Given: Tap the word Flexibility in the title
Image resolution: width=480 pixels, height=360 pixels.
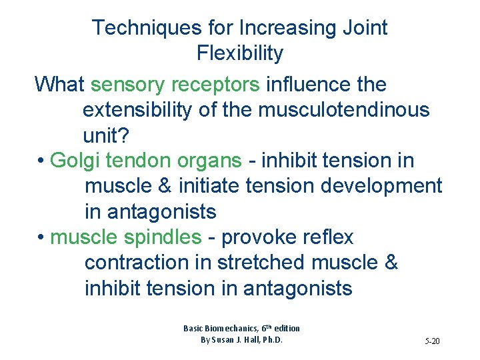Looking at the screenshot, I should pyautogui.click(x=240, y=53).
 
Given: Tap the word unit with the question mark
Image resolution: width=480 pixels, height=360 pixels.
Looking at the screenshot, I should pyautogui.click(x=107, y=135).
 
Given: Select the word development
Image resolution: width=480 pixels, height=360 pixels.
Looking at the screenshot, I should pyautogui.click(x=381, y=186).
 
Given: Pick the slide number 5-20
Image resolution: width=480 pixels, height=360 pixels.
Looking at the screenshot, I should pyautogui.click(x=432, y=341).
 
